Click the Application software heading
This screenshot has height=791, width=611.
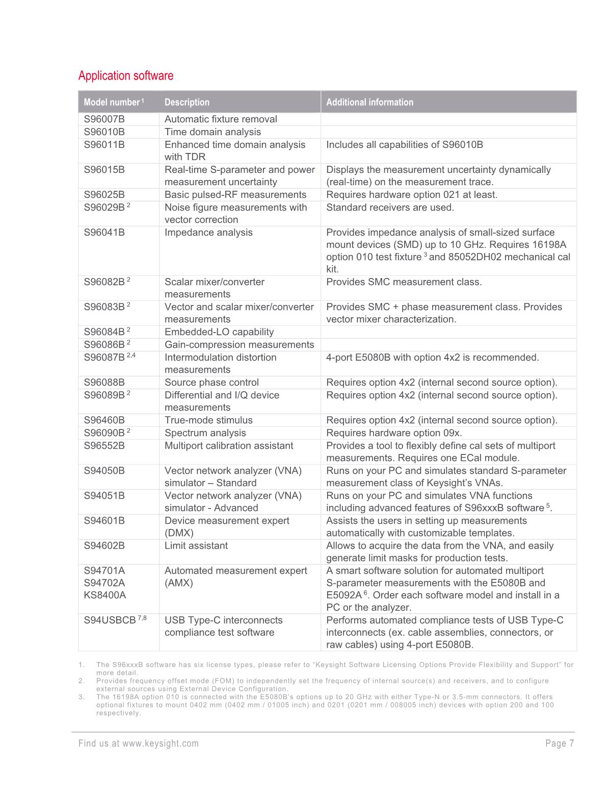[126, 76]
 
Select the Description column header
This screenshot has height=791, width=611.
[187, 103]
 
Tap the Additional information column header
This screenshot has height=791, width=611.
[369, 103]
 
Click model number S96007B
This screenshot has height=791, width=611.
[104, 119]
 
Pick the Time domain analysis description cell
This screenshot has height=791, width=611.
[212, 132]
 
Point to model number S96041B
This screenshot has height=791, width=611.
[104, 233]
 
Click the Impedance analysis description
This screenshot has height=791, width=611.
[208, 233]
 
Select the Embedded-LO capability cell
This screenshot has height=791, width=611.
[219, 332]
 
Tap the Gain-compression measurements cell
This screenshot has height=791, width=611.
[239, 345]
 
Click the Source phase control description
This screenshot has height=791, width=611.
[211, 382]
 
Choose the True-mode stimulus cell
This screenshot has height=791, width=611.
[208, 420]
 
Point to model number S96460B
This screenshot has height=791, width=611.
[104, 420]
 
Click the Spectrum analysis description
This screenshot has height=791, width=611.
[205, 433]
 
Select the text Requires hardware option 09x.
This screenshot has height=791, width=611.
[394, 433]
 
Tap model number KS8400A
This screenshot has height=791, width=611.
[105, 595]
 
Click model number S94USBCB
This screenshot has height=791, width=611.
[110, 621]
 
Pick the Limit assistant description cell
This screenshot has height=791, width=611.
[196, 546]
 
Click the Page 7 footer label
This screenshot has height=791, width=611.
[560, 744]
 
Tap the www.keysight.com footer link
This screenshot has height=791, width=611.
[161, 744]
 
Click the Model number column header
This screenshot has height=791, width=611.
[111, 103]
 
